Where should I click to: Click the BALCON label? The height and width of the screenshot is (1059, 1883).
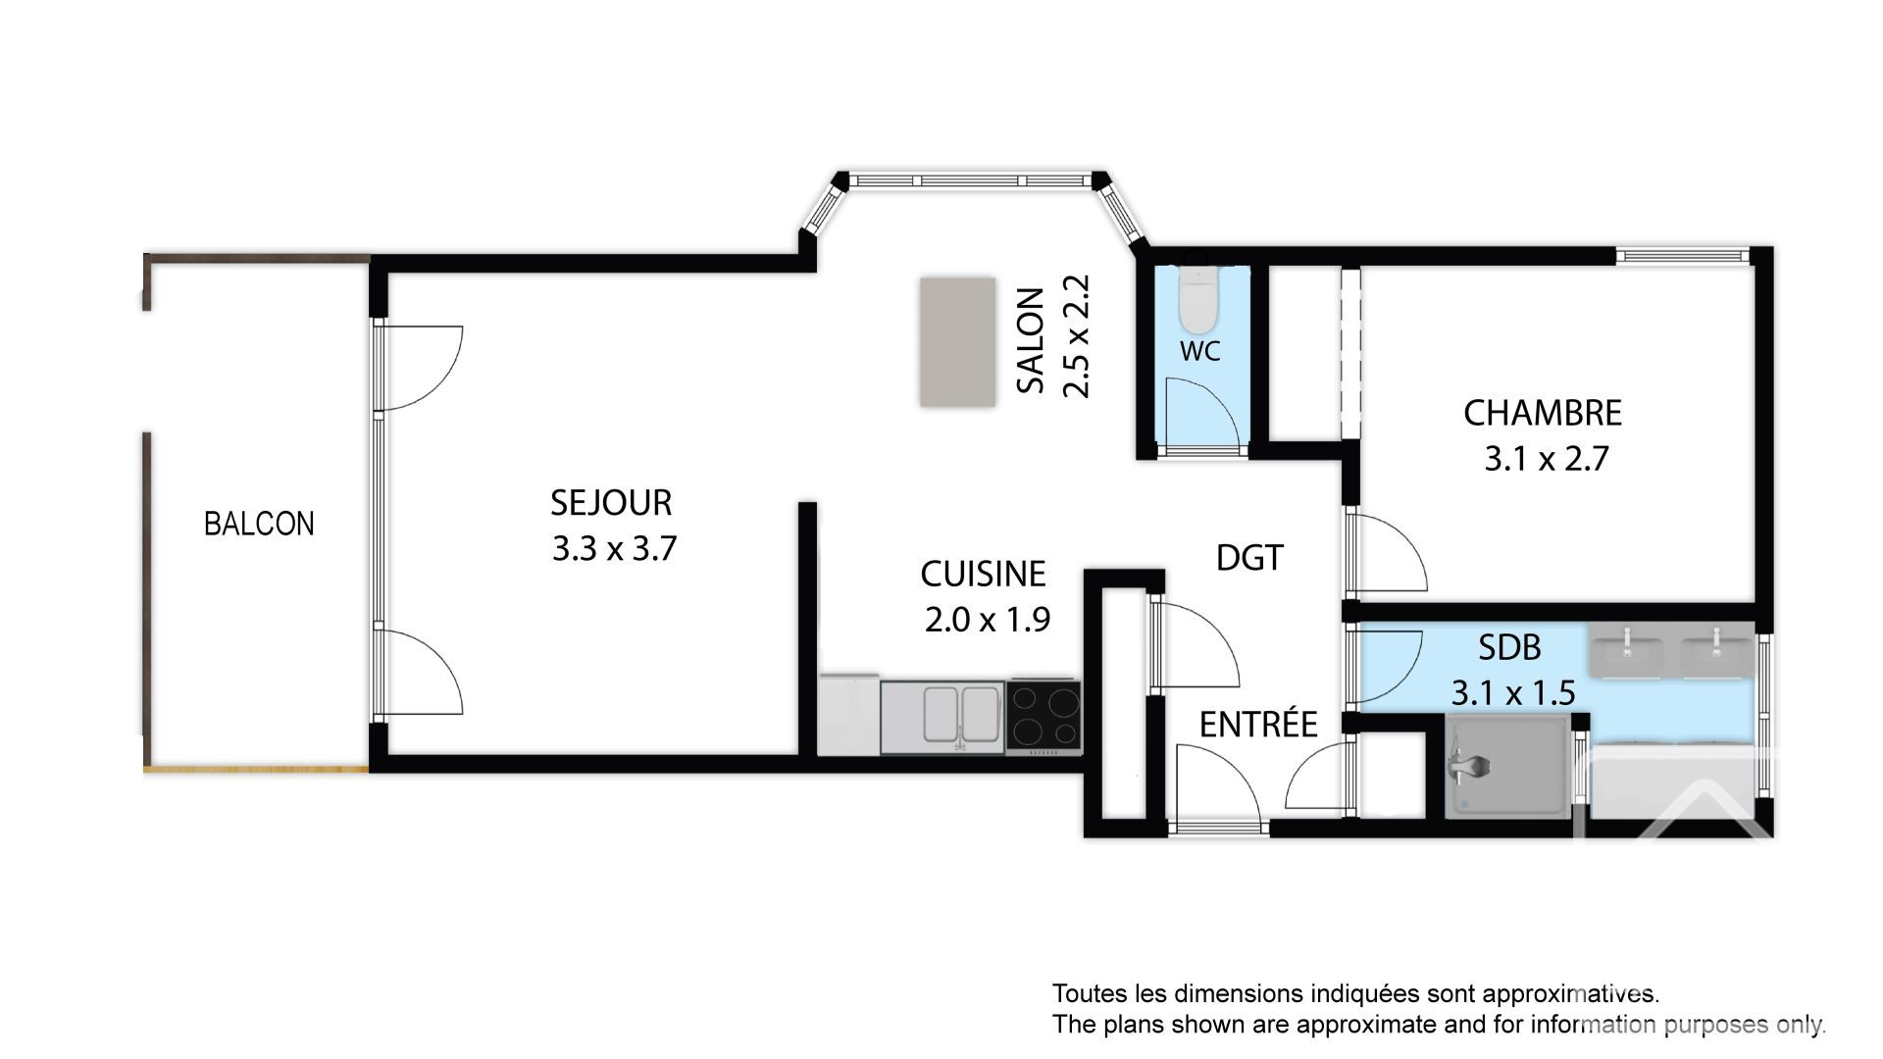pyautogui.click(x=259, y=524)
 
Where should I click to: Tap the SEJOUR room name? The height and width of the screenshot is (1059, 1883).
pyautogui.click(x=611, y=502)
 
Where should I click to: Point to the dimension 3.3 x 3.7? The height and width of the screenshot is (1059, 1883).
pyautogui.click(x=614, y=548)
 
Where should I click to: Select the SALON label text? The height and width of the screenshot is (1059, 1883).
pyautogui.click(x=1030, y=340)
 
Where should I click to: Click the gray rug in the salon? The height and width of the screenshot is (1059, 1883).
pyautogui.click(x=957, y=341)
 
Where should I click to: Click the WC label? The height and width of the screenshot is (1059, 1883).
pyautogui.click(x=1200, y=351)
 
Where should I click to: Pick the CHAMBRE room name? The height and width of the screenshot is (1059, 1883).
pyautogui.click(x=1543, y=413)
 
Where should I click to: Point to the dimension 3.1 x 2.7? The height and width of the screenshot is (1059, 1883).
pyautogui.click(x=1546, y=459)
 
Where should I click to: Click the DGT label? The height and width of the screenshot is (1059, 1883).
pyautogui.click(x=1249, y=558)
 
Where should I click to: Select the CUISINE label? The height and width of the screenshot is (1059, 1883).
pyautogui.click(x=983, y=574)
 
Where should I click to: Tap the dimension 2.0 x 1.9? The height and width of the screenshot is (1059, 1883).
pyautogui.click(x=988, y=620)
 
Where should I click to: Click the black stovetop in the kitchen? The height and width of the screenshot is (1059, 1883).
pyautogui.click(x=1044, y=717)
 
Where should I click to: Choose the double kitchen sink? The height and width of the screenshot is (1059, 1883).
pyautogui.click(x=943, y=718)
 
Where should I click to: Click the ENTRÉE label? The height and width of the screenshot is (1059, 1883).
pyautogui.click(x=1258, y=725)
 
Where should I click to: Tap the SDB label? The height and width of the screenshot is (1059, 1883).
pyautogui.click(x=1509, y=648)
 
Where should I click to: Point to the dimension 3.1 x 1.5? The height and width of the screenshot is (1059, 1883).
pyautogui.click(x=1513, y=693)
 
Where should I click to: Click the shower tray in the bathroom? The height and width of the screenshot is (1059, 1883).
pyautogui.click(x=1506, y=766)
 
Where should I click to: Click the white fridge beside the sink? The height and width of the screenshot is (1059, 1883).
pyautogui.click(x=849, y=714)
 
